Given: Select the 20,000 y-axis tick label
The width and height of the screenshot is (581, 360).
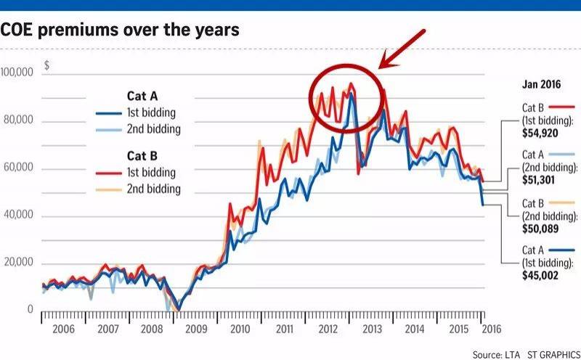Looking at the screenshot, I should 21,263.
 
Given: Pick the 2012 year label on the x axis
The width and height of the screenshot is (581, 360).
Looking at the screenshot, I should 328,329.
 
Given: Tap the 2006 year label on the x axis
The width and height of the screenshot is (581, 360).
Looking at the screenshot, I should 64,329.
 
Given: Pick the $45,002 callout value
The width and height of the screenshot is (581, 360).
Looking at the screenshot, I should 541,276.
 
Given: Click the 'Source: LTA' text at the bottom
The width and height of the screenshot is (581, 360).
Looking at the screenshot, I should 493,353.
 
